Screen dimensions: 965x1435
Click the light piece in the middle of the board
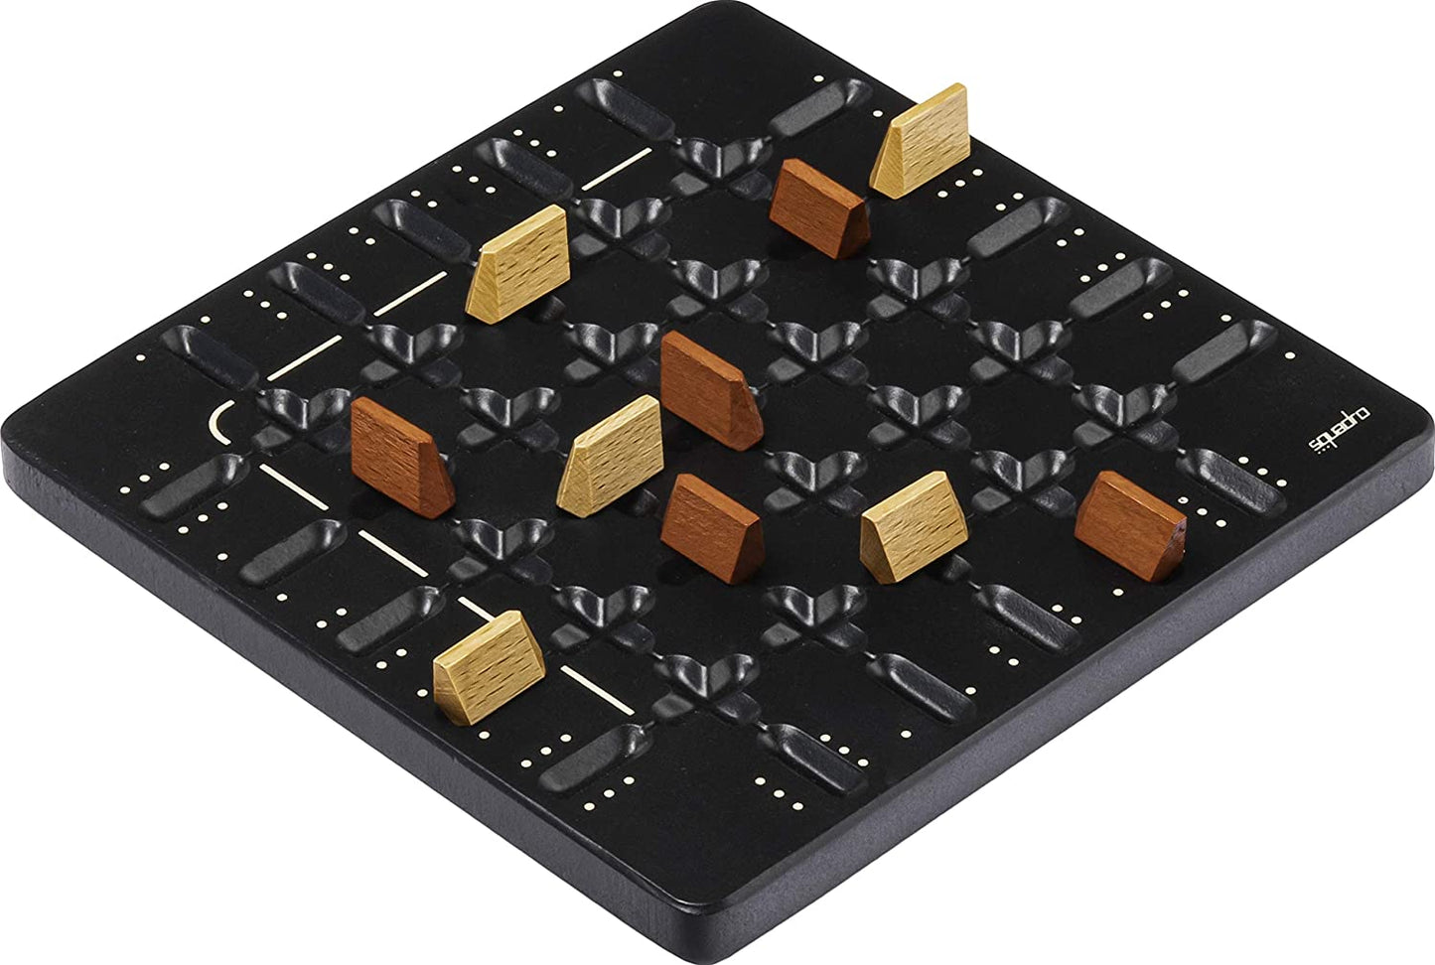click(612, 454)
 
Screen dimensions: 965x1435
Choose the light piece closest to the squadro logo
click(905, 523)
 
